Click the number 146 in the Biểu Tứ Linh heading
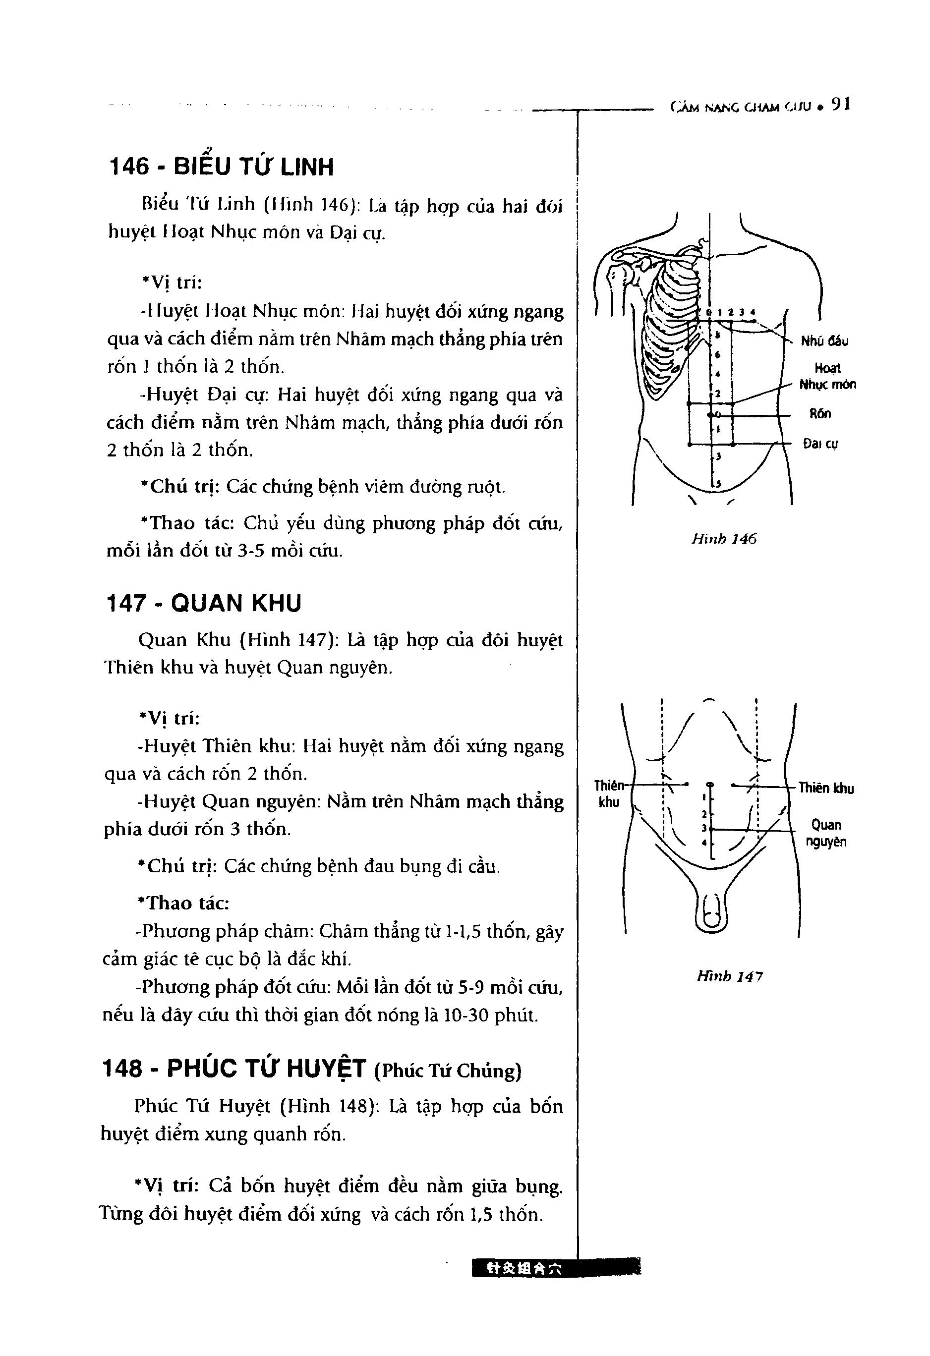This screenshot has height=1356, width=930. (x=129, y=168)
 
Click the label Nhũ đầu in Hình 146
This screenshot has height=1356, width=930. (x=824, y=341)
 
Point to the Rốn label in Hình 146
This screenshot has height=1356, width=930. (x=820, y=414)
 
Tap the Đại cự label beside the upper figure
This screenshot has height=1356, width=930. (x=820, y=444)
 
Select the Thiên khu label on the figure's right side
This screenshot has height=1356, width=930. (x=825, y=789)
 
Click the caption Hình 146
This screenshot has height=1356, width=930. (x=723, y=539)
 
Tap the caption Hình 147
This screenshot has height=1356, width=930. (x=729, y=976)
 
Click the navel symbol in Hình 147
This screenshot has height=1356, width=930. (x=709, y=784)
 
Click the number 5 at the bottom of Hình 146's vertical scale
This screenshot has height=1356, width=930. (x=718, y=483)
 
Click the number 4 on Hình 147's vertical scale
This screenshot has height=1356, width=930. (x=704, y=843)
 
